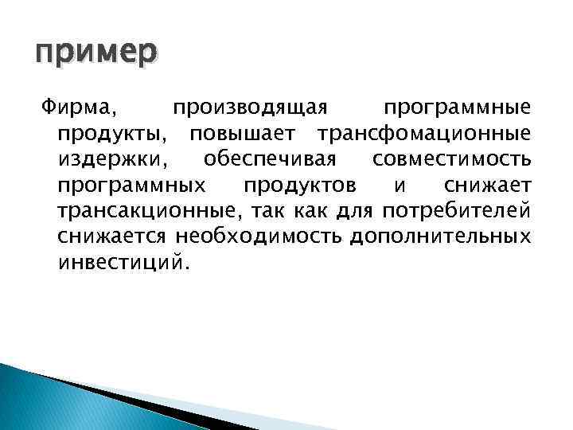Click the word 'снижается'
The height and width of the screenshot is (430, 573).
(x=112, y=236)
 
